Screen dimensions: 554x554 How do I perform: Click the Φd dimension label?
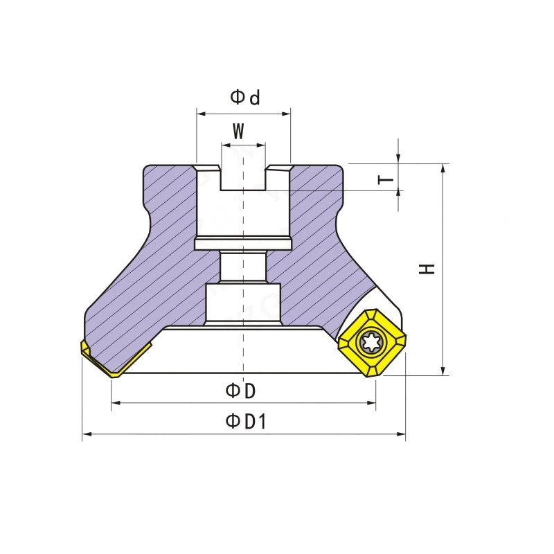pos(245,98)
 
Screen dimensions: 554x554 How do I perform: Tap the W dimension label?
pos(238,131)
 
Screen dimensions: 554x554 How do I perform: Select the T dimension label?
pos(386,180)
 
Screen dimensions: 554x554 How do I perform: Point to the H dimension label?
pos(427,269)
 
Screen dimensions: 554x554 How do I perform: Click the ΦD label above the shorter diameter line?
pos(240,391)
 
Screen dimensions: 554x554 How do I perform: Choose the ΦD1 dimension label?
pos(246,421)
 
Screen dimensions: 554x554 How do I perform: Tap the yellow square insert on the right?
pos(373,343)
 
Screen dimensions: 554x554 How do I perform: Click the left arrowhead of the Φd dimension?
pos(201,114)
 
